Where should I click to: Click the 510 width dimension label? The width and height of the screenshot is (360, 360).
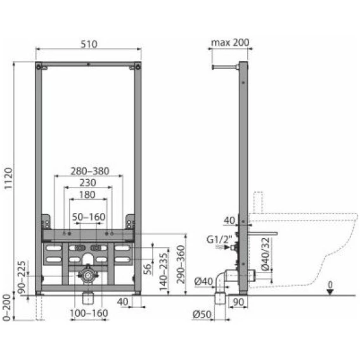[x=89, y=44]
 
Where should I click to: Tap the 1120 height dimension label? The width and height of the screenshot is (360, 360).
[x=8, y=179]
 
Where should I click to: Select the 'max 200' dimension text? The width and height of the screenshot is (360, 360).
[x=230, y=42]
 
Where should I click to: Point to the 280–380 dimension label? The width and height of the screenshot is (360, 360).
[x=90, y=171]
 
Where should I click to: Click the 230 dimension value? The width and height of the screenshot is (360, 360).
[x=87, y=183]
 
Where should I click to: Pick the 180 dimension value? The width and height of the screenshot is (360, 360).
[x=87, y=195]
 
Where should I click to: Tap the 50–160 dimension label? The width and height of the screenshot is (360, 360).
[x=89, y=217]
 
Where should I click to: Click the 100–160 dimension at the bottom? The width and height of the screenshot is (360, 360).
[x=89, y=313]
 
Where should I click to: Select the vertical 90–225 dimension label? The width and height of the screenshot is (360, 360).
[x=22, y=277]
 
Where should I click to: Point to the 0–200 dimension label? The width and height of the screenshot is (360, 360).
[x=7, y=307]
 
